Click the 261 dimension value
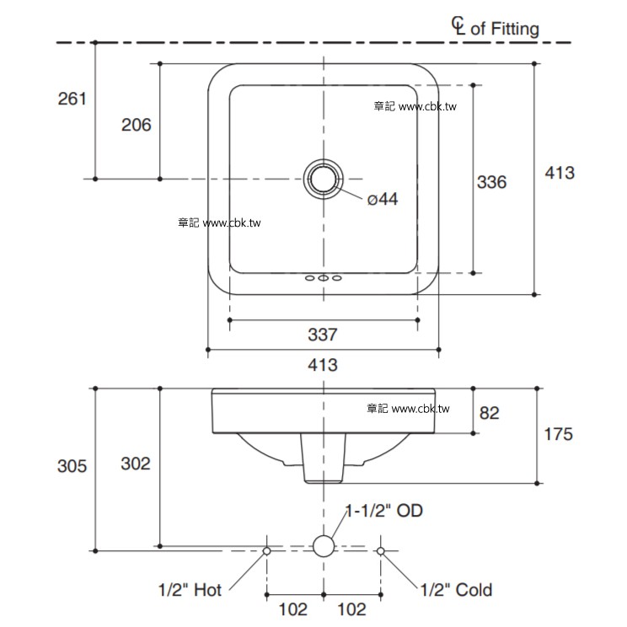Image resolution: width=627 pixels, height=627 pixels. [x=72, y=99]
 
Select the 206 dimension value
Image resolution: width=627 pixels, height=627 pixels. [x=137, y=125]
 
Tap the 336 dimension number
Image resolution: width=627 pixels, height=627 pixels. [x=492, y=181]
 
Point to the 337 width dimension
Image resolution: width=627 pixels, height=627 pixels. [x=323, y=335]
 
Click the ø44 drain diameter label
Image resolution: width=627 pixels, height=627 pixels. [x=382, y=199]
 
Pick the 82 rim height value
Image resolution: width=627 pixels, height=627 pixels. [x=489, y=413]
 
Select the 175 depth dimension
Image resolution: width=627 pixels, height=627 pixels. [x=558, y=434]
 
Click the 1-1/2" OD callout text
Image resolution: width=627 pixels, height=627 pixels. [x=384, y=511]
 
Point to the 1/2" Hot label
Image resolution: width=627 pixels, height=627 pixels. [x=190, y=590]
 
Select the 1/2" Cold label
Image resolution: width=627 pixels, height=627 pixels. [x=456, y=590]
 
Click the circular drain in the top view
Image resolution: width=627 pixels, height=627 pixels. [x=323, y=180]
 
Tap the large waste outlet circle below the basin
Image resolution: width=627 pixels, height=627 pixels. [x=324, y=547]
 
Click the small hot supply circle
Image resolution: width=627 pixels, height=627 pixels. [x=267, y=550]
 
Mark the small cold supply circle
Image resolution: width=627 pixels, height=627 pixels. [x=380, y=550]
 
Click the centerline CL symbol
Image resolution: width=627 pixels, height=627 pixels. [x=458, y=27]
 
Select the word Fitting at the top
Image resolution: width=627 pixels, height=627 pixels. [x=515, y=29]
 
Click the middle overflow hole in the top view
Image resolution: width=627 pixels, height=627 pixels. [x=323, y=278]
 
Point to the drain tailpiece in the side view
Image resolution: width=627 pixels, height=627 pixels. [x=324, y=459]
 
